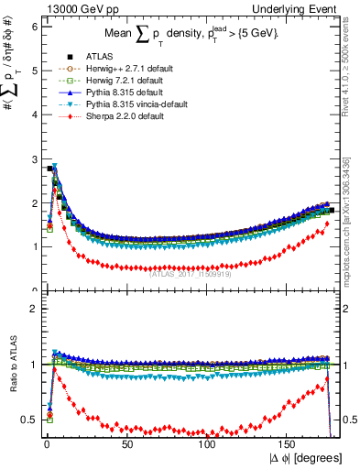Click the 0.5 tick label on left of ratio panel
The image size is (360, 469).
(27, 420)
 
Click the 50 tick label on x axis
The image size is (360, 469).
(126, 443)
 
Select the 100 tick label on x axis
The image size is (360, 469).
(208, 443)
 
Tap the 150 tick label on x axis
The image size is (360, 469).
(289, 443)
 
